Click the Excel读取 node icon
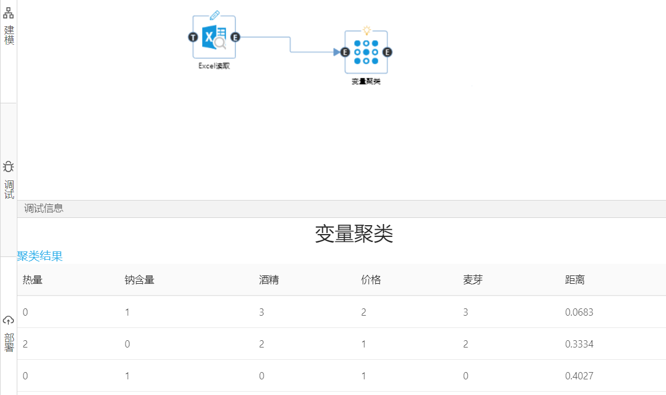click(214, 37)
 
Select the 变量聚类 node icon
click(366, 52)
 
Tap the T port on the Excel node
click(193, 37)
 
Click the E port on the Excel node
click(235, 37)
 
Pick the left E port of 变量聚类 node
click(344, 52)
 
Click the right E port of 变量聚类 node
click(387, 52)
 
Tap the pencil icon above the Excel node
click(214, 15)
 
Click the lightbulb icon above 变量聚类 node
click(366, 30)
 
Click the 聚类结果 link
click(40, 256)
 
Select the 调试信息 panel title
click(44, 208)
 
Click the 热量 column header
click(32, 280)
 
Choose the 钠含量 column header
click(139, 280)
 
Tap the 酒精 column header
click(269, 280)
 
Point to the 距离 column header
click(575, 280)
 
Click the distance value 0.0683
click(579, 312)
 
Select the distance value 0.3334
click(579, 344)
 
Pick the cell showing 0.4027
click(579, 376)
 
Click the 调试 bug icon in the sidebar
click(8, 166)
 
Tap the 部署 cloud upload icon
click(8, 320)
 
